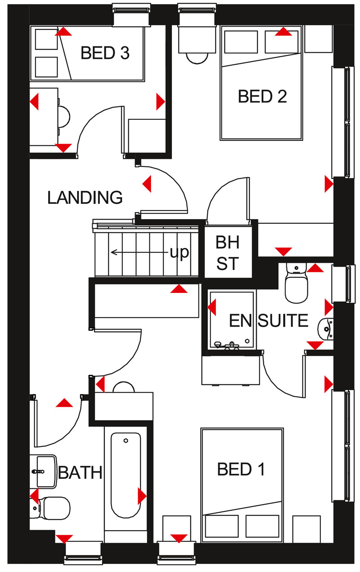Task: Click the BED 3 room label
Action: point(105,53)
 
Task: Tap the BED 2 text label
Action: point(262,96)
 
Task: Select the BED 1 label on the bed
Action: point(241,469)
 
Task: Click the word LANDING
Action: point(85,198)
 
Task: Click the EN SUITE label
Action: point(268,321)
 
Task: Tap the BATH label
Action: point(81,473)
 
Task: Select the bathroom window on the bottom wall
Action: point(83,553)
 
